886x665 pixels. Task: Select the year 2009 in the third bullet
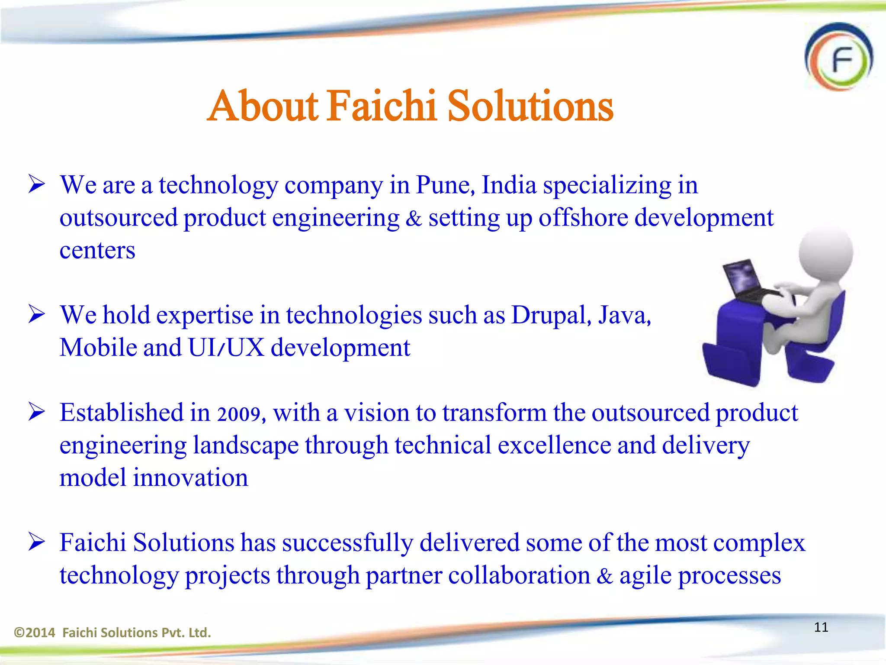239,414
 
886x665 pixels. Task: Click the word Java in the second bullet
624,315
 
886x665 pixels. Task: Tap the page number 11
821,627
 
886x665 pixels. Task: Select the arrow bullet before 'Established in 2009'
37,412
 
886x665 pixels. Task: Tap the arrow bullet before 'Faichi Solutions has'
37,542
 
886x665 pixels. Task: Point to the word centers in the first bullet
97,251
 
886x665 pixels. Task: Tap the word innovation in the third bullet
190,478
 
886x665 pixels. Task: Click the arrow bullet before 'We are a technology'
37,184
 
